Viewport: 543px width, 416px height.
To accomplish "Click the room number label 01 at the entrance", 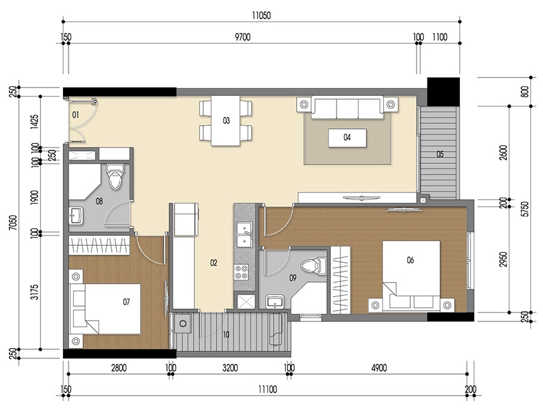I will tap(75, 115).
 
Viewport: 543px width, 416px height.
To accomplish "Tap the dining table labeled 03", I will tap(225, 121).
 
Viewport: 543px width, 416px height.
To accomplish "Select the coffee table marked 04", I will tap(347, 137).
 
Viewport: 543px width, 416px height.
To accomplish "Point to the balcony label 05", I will tap(440, 154).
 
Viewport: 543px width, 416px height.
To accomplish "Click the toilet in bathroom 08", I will tap(115, 177).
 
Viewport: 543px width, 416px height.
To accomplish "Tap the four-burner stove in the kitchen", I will tap(242, 272).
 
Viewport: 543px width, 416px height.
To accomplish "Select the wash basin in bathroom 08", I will tap(76, 216).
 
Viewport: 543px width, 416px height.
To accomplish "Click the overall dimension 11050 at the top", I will tap(260, 17).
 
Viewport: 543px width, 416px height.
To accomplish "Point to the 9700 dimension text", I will tap(242, 37).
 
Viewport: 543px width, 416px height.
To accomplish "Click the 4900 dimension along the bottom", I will tap(379, 368).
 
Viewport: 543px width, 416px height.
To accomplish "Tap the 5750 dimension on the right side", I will tap(524, 210).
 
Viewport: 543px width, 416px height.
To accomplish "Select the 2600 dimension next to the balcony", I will tap(503, 153).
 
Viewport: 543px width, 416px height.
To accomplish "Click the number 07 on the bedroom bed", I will tap(126, 302).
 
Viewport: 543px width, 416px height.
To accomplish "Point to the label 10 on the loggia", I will tap(226, 334).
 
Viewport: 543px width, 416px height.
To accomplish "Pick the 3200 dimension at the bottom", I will tap(230, 368).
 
